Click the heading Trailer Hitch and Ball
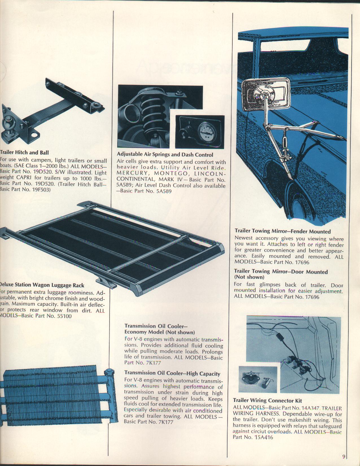click(x=24, y=153)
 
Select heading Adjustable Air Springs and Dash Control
click(x=165, y=155)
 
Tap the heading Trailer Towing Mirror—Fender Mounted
click(x=283, y=232)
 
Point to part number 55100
click(x=64, y=316)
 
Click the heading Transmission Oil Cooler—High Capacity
click(x=172, y=374)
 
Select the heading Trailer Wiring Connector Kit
click(x=267, y=400)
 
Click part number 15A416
click(x=264, y=438)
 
